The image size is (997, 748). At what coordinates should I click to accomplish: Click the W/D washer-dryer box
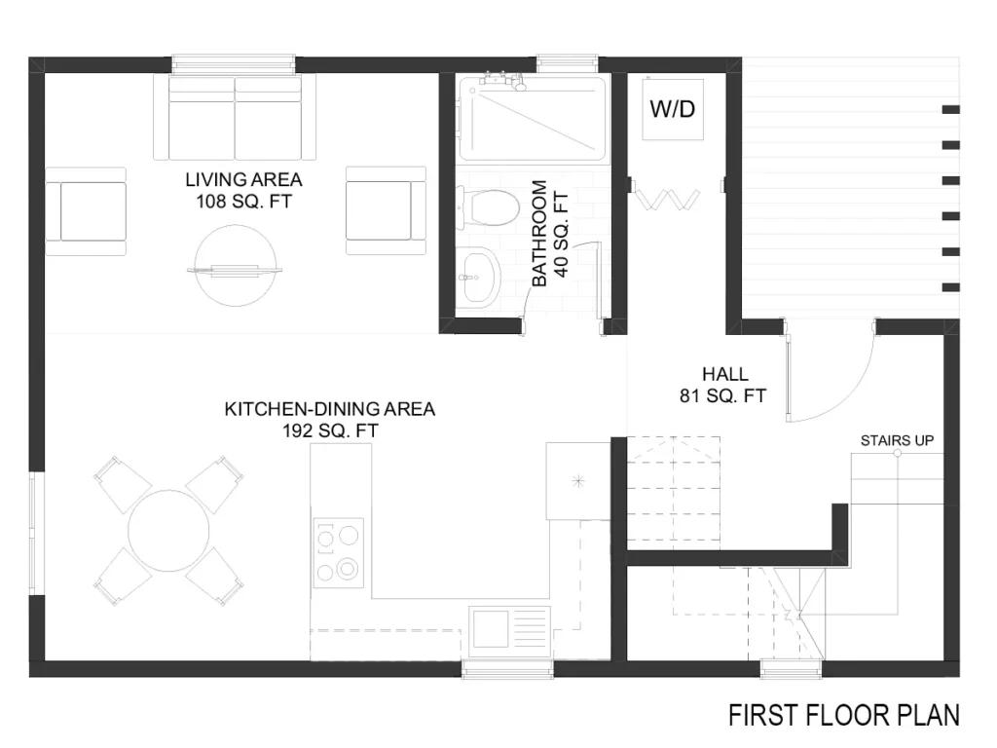click(x=673, y=109)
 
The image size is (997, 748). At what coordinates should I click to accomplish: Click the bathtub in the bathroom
click(x=533, y=118)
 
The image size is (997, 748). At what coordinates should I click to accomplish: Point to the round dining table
click(x=168, y=531)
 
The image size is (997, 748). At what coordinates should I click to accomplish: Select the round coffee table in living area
click(x=236, y=265)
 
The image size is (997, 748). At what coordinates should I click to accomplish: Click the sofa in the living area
click(x=235, y=117)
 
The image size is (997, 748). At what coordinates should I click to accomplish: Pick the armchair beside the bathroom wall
click(x=386, y=211)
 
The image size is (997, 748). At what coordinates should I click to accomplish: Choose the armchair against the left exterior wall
click(x=86, y=211)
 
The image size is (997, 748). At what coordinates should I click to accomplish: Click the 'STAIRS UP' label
click(x=897, y=440)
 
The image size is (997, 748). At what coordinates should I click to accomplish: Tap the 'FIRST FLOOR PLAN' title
click(x=844, y=715)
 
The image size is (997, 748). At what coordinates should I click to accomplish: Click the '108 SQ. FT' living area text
click(x=243, y=202)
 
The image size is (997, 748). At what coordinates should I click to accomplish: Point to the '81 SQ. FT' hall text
click(x=723, y=395)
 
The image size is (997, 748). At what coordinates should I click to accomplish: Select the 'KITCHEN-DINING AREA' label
click(x=330, y=408)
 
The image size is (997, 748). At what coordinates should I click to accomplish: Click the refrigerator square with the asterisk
click(x=578, y=481)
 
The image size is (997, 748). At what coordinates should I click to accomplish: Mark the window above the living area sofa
click(x=234, y=63)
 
